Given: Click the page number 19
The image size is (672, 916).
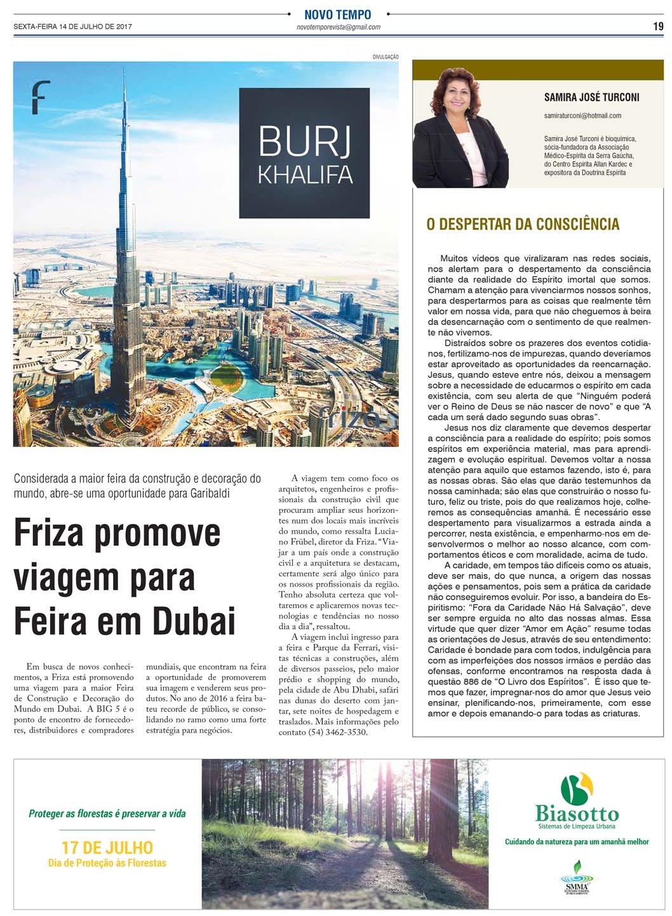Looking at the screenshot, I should click(658, 27).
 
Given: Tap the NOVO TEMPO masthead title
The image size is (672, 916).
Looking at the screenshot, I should click(337, 15).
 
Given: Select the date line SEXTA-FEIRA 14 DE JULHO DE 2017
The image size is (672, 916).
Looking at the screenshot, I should click(72, 27).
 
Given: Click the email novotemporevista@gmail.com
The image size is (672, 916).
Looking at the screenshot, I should click(338, 27).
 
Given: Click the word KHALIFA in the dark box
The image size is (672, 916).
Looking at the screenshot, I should click(305, 174).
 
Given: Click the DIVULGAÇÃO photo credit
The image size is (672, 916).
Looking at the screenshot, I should click(386, 57).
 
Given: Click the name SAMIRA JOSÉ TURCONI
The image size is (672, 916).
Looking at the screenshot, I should click(591, 97).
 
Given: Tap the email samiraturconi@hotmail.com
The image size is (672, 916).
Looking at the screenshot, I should click(582, 116).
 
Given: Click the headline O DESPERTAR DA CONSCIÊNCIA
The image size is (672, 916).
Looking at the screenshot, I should click(523, 224).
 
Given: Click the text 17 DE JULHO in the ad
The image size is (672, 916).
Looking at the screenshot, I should click(107, 847).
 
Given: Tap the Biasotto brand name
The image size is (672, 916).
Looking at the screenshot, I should click(577, 813).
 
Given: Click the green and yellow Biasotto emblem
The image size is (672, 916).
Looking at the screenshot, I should click(576, 788).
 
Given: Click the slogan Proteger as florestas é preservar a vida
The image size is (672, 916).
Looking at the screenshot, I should click(107, 813).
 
